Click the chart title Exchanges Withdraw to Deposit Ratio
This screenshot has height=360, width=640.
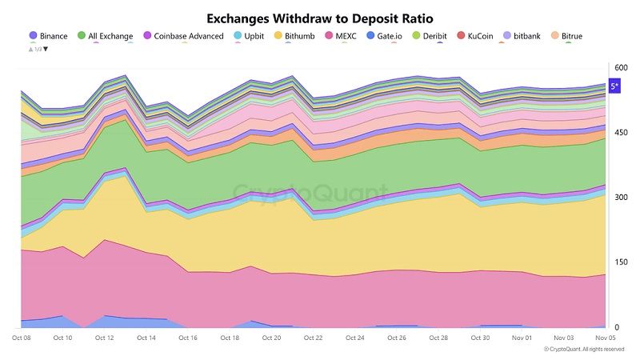[x=320, y=17]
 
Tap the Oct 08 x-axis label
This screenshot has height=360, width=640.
[x=22, y=338]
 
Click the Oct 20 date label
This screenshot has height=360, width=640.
[x=271, y=338]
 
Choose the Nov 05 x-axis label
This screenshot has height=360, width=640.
[x=605, y=338]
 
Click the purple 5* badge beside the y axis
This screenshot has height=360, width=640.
[x=615, y=86]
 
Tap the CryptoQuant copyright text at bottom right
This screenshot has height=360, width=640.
[x=584, y=349]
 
